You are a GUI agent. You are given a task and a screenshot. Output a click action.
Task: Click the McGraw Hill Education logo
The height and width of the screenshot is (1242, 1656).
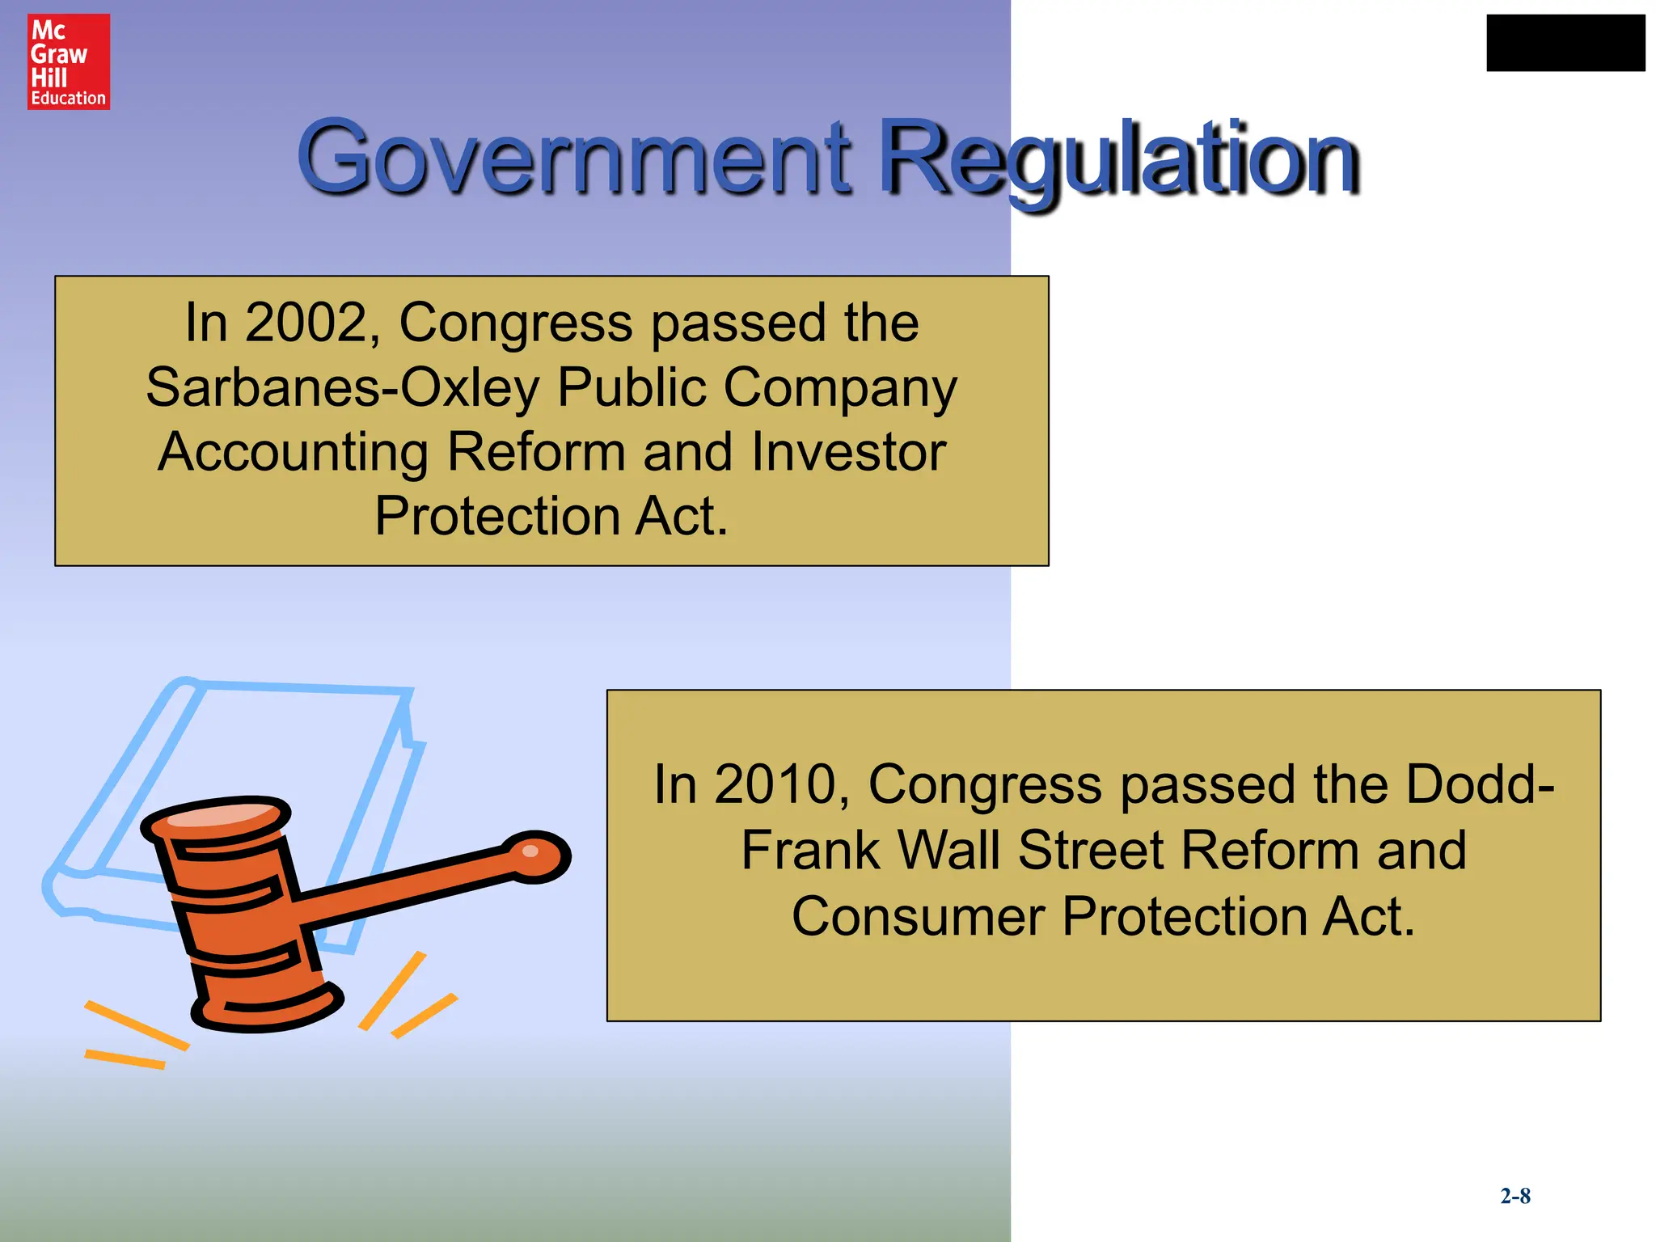(x=69, y=61)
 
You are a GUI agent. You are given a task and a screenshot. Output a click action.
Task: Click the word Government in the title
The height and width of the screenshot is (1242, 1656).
(x=574, y=157)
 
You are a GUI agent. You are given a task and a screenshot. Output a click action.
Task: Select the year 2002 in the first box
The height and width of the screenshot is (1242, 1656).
(x=306, y=323)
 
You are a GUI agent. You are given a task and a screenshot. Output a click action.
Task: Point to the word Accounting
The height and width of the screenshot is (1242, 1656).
(x=293, y=453)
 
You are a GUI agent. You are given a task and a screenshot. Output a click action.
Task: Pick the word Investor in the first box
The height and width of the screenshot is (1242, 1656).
(x=848, y=452)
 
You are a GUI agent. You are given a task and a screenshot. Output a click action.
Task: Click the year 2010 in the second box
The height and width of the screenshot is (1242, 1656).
(x=775, y=784)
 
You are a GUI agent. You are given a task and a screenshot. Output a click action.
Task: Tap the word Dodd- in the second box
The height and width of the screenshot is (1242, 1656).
(x=1480, y=784)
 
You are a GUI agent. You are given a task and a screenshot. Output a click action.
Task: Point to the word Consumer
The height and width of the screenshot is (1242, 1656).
(x=919, y=917)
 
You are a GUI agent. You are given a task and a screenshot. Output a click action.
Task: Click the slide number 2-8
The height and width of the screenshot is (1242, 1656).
(x=1515, y=1196)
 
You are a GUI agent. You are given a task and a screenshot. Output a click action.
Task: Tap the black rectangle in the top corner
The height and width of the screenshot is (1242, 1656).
(x=1565, y=43)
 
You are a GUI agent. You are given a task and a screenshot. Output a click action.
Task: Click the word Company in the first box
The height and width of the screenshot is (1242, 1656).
(x=840, y=388)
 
